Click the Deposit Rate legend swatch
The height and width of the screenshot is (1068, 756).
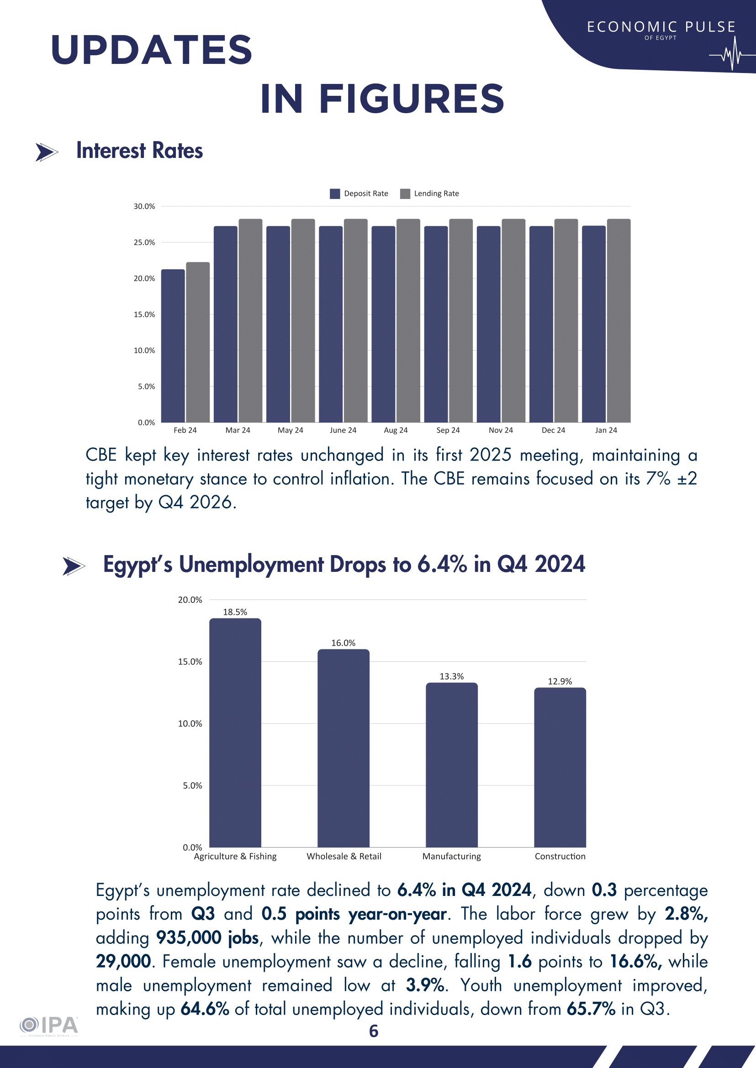pos(335,194)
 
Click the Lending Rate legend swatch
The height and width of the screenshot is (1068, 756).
pos(405,194)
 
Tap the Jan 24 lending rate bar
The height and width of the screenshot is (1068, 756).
pos(619,320)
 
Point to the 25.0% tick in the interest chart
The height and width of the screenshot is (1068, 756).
pos(144,242)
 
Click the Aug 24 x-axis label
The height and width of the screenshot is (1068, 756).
pos(396,430)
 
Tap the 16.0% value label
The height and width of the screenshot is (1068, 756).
pos(343,643)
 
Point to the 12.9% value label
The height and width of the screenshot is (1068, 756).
pos(560,681)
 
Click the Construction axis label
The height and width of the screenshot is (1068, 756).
pos(560,856)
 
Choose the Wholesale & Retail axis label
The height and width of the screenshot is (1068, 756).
pos(344,856)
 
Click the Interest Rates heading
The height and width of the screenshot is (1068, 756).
pos(140,151)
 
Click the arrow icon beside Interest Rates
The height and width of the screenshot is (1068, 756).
pos(47,152)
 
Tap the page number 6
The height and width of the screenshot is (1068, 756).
pos(374,1031)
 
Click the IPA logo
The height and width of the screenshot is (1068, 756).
pos(49,1025)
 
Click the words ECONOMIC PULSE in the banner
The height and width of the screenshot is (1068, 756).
pos(661,27)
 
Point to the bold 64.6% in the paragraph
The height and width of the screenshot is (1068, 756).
pos(205,1009)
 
